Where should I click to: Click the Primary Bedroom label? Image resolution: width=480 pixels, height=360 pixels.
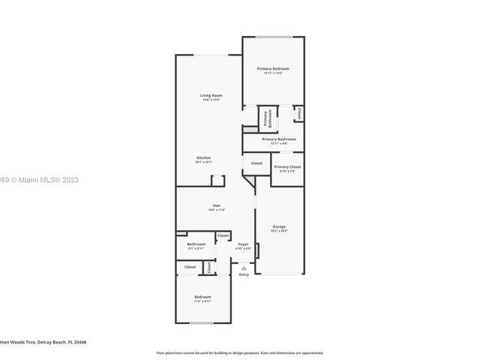pyautogui.click(x=273, y=69)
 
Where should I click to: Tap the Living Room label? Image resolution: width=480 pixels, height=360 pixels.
pyautogui.click(x=211, y=95)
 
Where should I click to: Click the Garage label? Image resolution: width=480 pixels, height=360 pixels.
pyautogui.click(x=279, y=226)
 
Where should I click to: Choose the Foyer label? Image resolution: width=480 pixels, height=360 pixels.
pyautogui.click(x=244, y=244)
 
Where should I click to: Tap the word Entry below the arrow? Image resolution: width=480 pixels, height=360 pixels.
pyautogui.click(x=244, y=274)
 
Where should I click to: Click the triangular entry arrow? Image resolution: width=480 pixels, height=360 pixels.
pyautogui.click(x=243, y=267)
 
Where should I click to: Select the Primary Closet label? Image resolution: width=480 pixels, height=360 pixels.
pyautogui.click(x=286, y=167)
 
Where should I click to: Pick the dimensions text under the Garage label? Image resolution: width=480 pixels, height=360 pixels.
pyautogui.click(x=279, y=231)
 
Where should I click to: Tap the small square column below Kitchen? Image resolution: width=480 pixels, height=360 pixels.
pyautogui.click(x=217, y=180)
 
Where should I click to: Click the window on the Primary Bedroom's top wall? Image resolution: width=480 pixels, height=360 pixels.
pyautogui.click(x=274, y=37)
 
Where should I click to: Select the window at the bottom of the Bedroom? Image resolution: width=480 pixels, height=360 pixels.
pyautogui.click(x=202, y=323)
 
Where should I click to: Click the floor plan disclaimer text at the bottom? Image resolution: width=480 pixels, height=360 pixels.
pyautogui.click(x=239, y=352)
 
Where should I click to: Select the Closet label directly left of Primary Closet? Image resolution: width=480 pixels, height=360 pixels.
pyautogui.click(x=256, y=163)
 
